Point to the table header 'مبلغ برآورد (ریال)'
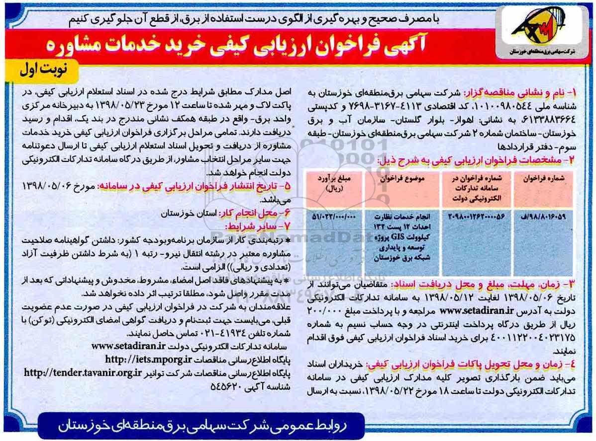click(x=334, y=184)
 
